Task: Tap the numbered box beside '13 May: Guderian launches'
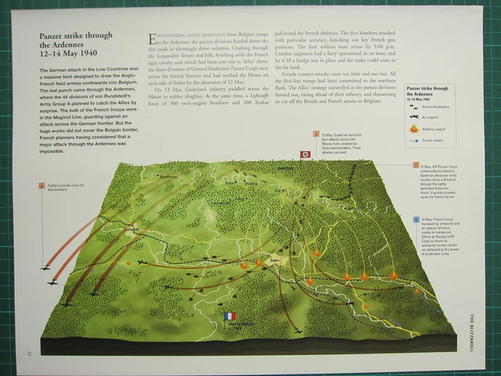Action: pos(316,134)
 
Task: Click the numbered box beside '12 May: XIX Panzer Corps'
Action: pos(416,166)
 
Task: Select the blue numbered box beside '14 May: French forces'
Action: pos(416,220)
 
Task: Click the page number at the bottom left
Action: pos(28,350)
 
